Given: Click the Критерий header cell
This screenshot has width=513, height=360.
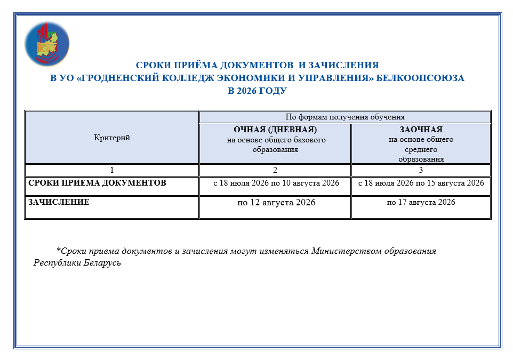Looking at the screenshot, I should (112, 138).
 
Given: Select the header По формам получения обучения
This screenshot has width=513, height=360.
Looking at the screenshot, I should (345, 117).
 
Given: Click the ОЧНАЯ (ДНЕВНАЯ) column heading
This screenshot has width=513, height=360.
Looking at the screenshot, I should (275, 130).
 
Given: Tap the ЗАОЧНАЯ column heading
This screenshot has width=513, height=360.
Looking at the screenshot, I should (421, 130).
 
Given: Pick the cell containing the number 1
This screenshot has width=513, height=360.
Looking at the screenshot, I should (112, 170).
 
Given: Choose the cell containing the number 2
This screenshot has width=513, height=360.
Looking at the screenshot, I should (275, 170).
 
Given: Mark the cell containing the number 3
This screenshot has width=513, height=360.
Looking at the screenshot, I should (421, 170).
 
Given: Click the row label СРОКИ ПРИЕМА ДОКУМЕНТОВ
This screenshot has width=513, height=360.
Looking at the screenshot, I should (97, 183).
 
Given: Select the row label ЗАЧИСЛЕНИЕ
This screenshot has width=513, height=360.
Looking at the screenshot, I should (59, 203).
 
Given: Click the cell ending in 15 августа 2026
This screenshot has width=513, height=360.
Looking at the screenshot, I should (421, 183).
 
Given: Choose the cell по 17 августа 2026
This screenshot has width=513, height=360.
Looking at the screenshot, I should (421, 203).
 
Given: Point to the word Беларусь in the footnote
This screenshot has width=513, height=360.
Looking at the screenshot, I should (102, 263).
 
